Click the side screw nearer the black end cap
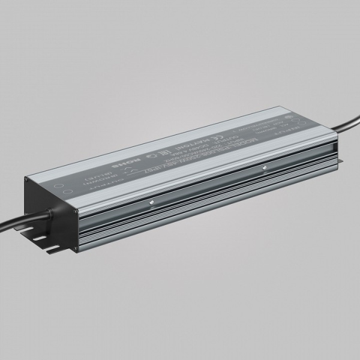(154, 201)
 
